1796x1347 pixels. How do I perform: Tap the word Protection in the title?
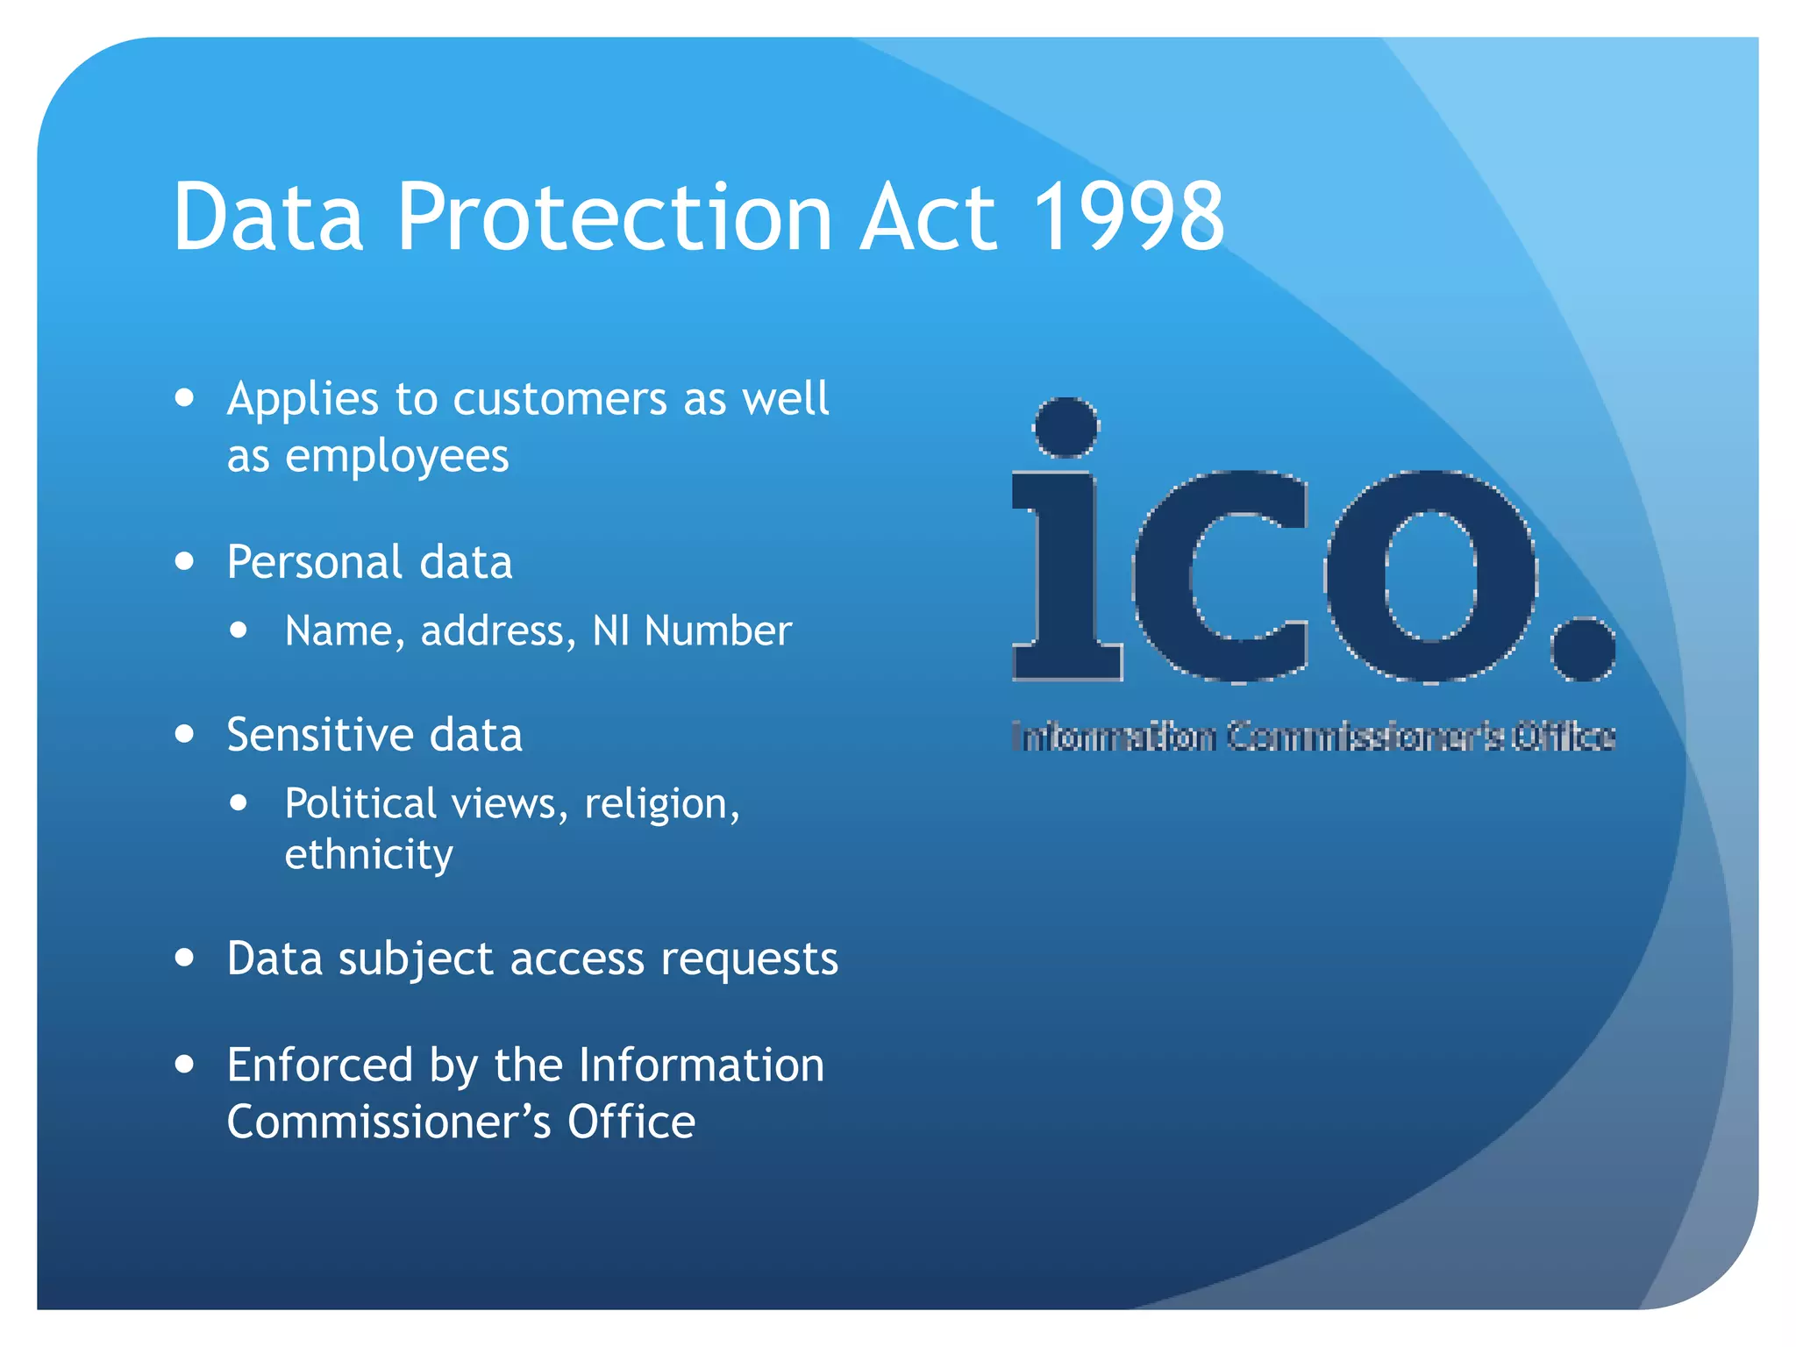tap(614, 217)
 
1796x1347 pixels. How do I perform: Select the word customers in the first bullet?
tap(560, 400)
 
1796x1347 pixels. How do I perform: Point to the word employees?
tap(397, 457)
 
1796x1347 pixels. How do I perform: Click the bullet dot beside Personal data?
tap(184, 561)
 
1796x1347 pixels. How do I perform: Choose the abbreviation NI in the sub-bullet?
tap(610, 631)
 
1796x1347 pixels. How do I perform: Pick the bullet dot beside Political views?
tap(239, 802)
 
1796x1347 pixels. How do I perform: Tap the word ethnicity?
tap(368, 855)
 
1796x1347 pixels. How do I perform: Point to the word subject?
tap(416, 959)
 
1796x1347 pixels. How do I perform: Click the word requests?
tap(749, 959)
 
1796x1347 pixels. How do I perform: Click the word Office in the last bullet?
tap(631, 1122)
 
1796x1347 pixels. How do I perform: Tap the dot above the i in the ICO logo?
tap(1066, 427)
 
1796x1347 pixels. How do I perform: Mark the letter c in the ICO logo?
tap(1219, 576)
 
